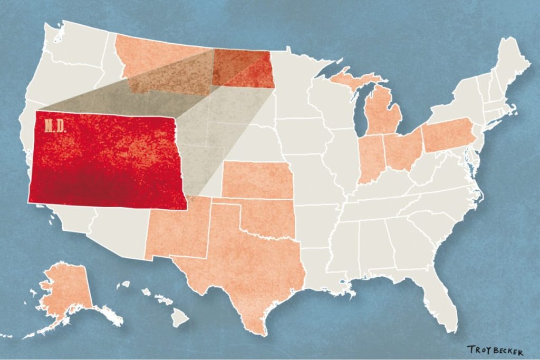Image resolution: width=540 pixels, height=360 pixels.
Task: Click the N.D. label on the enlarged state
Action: point(52,127)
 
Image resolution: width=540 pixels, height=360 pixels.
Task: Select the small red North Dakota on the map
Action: point(243,69)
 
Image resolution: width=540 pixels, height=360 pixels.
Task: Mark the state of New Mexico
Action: point(177,232)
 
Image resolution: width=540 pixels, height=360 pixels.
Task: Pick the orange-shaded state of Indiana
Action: point(371,158)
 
